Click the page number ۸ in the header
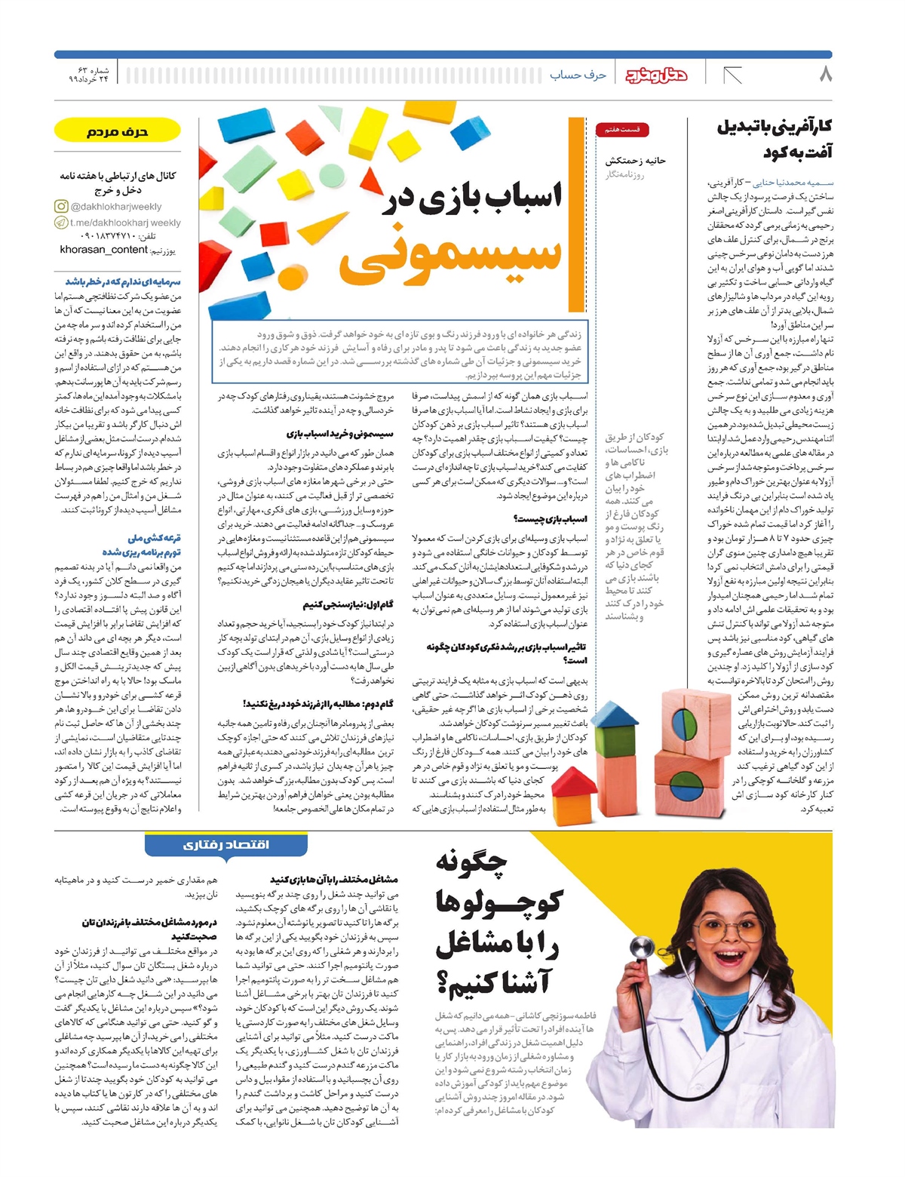[825, 74]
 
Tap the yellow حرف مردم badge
[117, 131]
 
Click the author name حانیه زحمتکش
[636, 160]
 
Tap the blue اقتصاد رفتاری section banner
[225, 844]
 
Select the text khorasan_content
[103, 250]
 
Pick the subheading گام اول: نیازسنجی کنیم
[348, 604]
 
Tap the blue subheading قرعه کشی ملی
[155, 538]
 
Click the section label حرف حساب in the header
[578, 75]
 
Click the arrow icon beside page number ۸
[732, 75]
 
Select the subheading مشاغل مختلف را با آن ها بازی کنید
[333, 879]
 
